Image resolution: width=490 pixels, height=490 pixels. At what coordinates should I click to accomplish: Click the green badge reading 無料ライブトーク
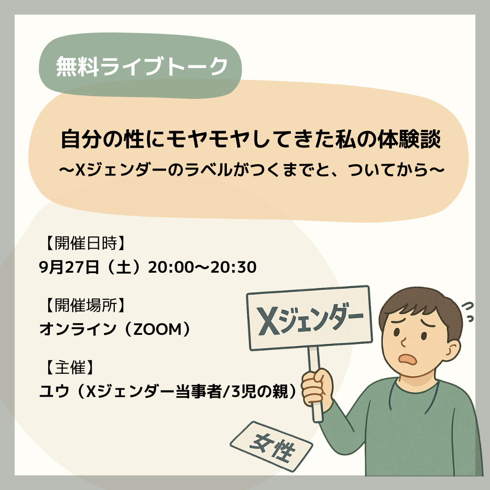140,66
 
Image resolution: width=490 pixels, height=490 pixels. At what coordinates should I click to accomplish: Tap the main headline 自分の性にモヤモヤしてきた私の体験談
250,139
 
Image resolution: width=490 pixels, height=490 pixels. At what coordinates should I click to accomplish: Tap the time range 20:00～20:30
202,267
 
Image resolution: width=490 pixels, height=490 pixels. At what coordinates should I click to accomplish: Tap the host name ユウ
54,391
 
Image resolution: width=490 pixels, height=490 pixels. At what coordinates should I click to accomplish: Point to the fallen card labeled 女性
271,446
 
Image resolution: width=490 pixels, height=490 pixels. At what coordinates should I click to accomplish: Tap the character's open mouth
408,359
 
